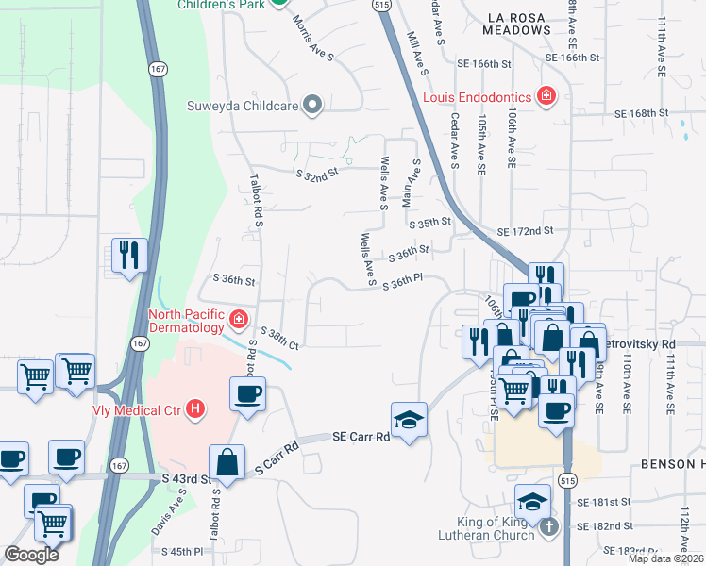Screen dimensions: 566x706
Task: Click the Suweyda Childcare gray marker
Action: coord(314,106)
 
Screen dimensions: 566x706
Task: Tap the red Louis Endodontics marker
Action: coord(545,95)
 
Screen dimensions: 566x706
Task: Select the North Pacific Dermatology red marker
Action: coord(238,320)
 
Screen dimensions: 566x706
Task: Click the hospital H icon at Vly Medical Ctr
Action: coord(195,408)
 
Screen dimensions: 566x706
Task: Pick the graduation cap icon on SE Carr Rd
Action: coord(410,419)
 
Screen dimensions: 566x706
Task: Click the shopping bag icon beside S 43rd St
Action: coord(227,461)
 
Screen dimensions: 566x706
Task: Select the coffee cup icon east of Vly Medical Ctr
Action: coord(248,393)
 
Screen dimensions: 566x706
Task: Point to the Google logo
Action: coord(32,555)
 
